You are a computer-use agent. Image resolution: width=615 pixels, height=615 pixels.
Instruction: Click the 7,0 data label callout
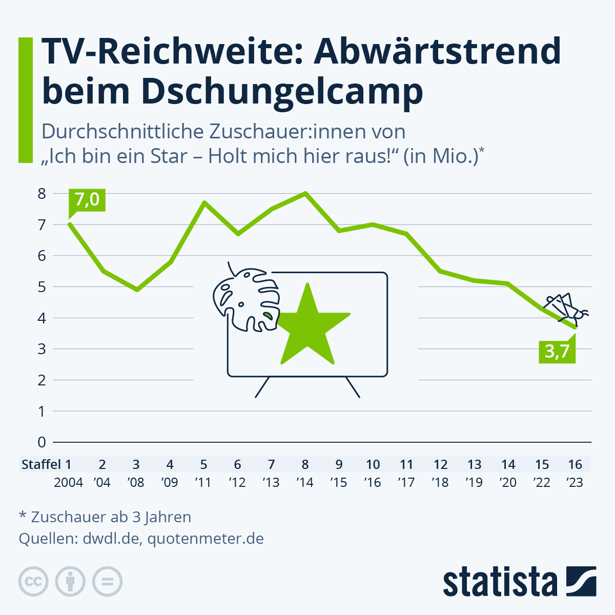[87, 199]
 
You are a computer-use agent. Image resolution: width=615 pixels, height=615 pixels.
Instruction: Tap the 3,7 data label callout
[557, 352]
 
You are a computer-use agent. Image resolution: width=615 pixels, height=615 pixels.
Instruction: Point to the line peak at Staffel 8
[305, 193]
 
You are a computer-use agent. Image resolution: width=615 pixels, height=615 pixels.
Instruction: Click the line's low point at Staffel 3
[137, 290]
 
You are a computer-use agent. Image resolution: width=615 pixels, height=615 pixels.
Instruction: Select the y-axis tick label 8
[42, 194]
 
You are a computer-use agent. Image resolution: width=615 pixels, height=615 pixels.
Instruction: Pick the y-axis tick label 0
[42, 442]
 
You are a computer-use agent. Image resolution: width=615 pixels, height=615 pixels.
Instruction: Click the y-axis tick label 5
[42, 287]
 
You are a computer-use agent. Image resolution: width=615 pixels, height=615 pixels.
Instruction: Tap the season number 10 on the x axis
[373, 464]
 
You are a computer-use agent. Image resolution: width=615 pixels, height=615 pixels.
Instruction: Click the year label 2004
[68, 482]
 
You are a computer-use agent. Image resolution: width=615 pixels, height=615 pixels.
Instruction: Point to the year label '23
[575, 482]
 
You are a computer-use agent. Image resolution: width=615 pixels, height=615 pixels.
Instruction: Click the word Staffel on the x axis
[41, 464]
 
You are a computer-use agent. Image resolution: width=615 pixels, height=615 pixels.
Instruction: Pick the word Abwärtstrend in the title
[438, 51]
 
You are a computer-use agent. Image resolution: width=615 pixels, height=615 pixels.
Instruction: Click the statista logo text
[500, 582]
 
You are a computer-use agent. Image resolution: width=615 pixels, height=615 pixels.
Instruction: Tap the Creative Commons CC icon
[33, 582]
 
